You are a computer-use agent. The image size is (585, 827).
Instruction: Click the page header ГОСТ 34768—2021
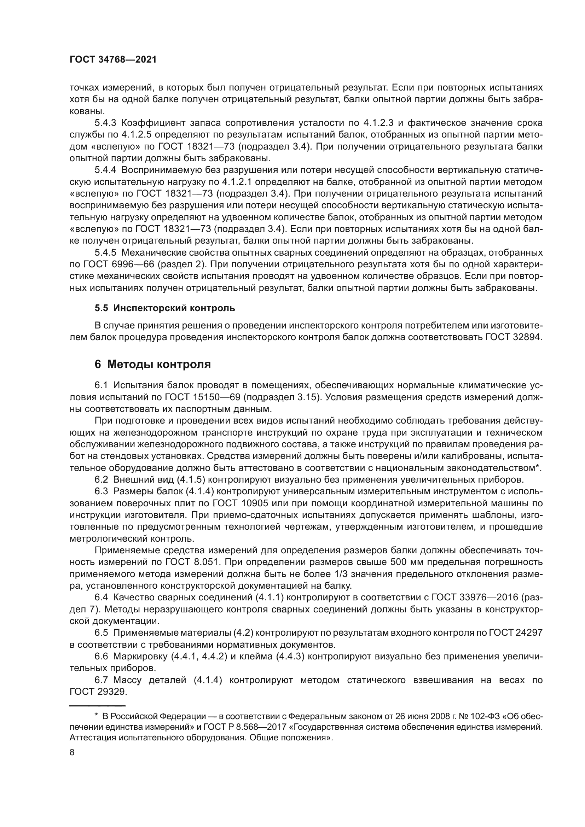pos(113,60)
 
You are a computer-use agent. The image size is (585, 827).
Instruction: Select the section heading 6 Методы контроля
pos(152,365)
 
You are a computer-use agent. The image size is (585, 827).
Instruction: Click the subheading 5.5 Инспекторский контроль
pos(164,308)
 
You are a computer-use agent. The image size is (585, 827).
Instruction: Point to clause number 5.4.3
pos(105,123)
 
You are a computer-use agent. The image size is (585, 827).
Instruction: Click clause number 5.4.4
pos(105,170)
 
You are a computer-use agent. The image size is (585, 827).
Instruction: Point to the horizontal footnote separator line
pos(97,706)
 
